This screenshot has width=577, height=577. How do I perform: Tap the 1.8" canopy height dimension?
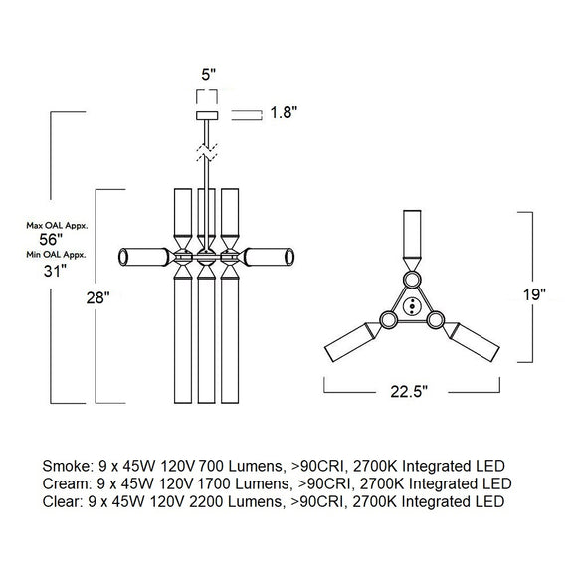click(286, 113)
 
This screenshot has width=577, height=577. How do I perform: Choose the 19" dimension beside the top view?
click(534, 294)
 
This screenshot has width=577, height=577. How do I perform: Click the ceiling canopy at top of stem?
click(207, 115)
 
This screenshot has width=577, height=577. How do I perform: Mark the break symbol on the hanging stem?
click(207, 154)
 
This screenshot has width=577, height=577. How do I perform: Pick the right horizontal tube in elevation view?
click(268, 258)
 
